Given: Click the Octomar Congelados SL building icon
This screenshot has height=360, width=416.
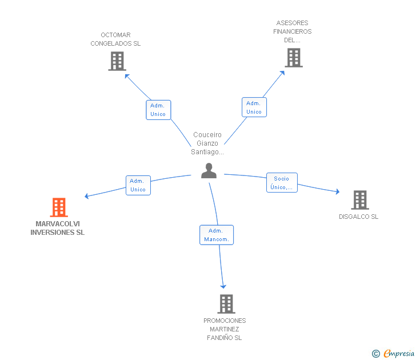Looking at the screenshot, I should pos(117,61).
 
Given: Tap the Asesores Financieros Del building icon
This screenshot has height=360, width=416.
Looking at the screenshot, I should pos(293,58).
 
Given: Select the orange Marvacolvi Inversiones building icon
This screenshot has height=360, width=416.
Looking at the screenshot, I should pos(59,207).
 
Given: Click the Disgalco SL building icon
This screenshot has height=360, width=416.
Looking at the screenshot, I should pos(359,200).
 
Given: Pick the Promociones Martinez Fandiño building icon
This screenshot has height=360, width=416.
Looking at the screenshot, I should pos(226,304).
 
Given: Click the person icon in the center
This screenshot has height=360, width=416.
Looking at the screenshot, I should pos(209,170).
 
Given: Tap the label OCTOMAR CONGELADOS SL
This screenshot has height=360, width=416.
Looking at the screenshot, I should pos(115,39).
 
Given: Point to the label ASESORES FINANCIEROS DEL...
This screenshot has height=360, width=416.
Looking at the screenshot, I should pos(293,31).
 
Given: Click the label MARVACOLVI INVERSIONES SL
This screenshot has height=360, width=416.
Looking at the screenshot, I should pos(58,228).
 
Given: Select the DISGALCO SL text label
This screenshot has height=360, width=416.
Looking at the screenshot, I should pos(358,217).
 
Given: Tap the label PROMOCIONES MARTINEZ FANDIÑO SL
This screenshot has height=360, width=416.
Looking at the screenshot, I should pos(225,329).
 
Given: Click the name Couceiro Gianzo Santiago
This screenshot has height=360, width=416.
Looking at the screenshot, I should pos(207,143).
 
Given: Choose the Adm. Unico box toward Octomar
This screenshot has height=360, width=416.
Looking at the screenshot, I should pos(158,110).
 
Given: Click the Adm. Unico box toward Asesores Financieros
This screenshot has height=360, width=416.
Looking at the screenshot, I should pos(254,107).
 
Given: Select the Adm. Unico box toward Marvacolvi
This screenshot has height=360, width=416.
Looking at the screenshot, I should pos(138,185).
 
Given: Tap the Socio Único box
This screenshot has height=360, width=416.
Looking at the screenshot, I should pos(282,183).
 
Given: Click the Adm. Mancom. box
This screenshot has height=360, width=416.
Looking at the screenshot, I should pos(217,235).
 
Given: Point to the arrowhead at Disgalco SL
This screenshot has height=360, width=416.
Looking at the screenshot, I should pos(338,192).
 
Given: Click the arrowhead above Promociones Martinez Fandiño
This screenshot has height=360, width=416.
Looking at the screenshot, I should pos(223,286).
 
